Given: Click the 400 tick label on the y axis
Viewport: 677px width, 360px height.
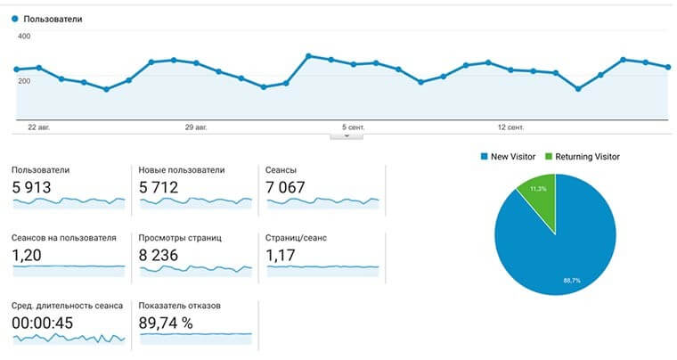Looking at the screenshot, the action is point(24,37).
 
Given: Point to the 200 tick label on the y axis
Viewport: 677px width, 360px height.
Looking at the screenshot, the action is point(24,81).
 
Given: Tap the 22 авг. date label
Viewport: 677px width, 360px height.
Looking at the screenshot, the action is point(39,127).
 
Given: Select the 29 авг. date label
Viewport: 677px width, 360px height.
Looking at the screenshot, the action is point(196,127).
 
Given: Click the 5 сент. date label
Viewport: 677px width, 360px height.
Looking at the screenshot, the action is point(353,127).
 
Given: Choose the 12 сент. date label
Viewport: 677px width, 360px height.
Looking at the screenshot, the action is point(510,127).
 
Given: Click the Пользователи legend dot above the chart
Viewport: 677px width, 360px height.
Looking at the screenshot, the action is point(15,19).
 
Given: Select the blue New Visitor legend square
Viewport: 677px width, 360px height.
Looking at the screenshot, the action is point(484,156).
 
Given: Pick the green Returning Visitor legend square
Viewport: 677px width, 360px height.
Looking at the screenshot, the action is point(549,156).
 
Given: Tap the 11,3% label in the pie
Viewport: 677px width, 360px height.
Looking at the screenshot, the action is point(538,189).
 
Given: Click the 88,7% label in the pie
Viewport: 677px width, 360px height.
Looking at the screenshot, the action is point(572,281).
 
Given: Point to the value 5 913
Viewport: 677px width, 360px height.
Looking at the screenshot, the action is point(31,187).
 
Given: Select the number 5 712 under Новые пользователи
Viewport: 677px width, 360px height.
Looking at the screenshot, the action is point(159,187).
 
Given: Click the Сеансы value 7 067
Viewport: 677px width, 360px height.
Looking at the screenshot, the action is point(285,187).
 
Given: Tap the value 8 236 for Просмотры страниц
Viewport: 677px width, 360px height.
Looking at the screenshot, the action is point(159,255).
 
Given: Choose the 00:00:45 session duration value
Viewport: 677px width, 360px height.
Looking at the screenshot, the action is point(43,323).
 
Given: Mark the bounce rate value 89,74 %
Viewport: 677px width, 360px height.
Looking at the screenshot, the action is point(166,323).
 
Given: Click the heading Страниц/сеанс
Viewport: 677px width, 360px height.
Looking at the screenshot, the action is point(296,238).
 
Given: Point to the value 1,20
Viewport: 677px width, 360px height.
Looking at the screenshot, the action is point(27,255).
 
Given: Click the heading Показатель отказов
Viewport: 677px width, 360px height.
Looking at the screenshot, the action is point(180,306).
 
